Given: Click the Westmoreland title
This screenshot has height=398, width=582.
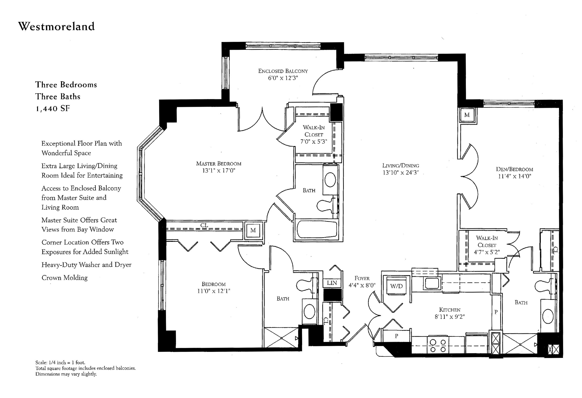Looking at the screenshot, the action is (x=57, y=26).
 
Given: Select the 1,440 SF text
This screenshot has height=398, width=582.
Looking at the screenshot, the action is (x=53, y=109).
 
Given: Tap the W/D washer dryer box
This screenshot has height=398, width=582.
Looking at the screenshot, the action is (x=396, y=286).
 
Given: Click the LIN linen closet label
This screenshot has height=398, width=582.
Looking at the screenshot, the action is (x=332, y=283).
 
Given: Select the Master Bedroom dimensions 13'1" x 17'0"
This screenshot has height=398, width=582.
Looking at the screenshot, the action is (x=219, y=171).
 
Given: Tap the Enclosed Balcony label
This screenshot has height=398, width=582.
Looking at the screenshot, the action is (x=283, y=71).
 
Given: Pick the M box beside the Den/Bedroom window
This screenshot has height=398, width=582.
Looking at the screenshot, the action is (x=467, y=115).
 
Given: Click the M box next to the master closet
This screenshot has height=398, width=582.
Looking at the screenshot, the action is (x=253, y=230).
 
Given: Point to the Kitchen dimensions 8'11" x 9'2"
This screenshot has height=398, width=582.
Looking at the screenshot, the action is (x=449, y=317).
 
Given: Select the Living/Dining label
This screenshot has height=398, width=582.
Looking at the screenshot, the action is (x=401, y=166).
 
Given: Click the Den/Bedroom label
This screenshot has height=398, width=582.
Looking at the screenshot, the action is (x=515, y=169).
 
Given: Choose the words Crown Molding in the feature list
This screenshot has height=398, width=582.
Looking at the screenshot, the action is (x=65, y=278).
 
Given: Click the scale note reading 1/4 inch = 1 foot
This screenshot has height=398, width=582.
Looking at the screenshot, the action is (x=60, y=362).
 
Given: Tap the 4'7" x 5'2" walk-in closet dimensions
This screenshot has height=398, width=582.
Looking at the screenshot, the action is (x=487, y=252).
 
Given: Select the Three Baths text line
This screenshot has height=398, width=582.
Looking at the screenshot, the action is (x=58, y=96).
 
